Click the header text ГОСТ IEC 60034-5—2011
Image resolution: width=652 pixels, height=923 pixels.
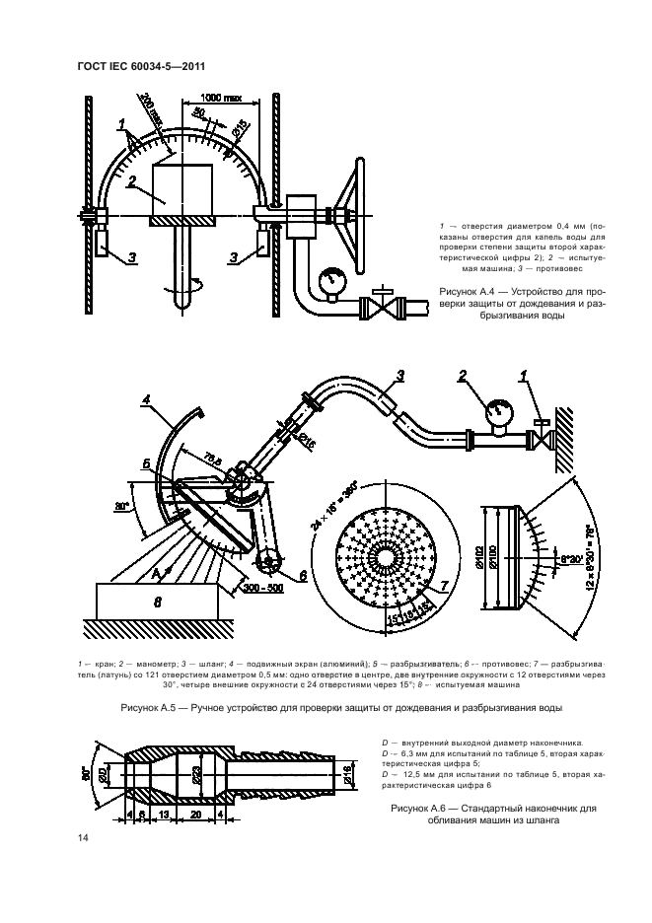tap(140, 66)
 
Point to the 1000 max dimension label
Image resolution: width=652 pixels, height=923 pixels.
tap(223, 97)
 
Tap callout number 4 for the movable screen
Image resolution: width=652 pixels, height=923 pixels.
tap(145, 398)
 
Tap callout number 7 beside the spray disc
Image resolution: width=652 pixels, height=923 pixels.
tap(445, 586)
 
